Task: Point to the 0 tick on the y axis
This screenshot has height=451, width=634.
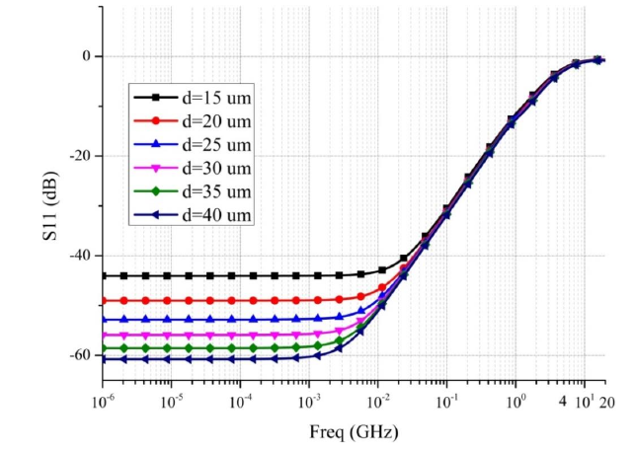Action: [x=86, y=56]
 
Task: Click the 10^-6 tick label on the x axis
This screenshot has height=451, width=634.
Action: [x=102, y=401]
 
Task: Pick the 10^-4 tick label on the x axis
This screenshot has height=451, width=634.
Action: [x=240, y=401]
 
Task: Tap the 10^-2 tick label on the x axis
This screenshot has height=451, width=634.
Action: [x=377, y=401]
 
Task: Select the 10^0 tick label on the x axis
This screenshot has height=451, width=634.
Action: [x=515, y=401]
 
